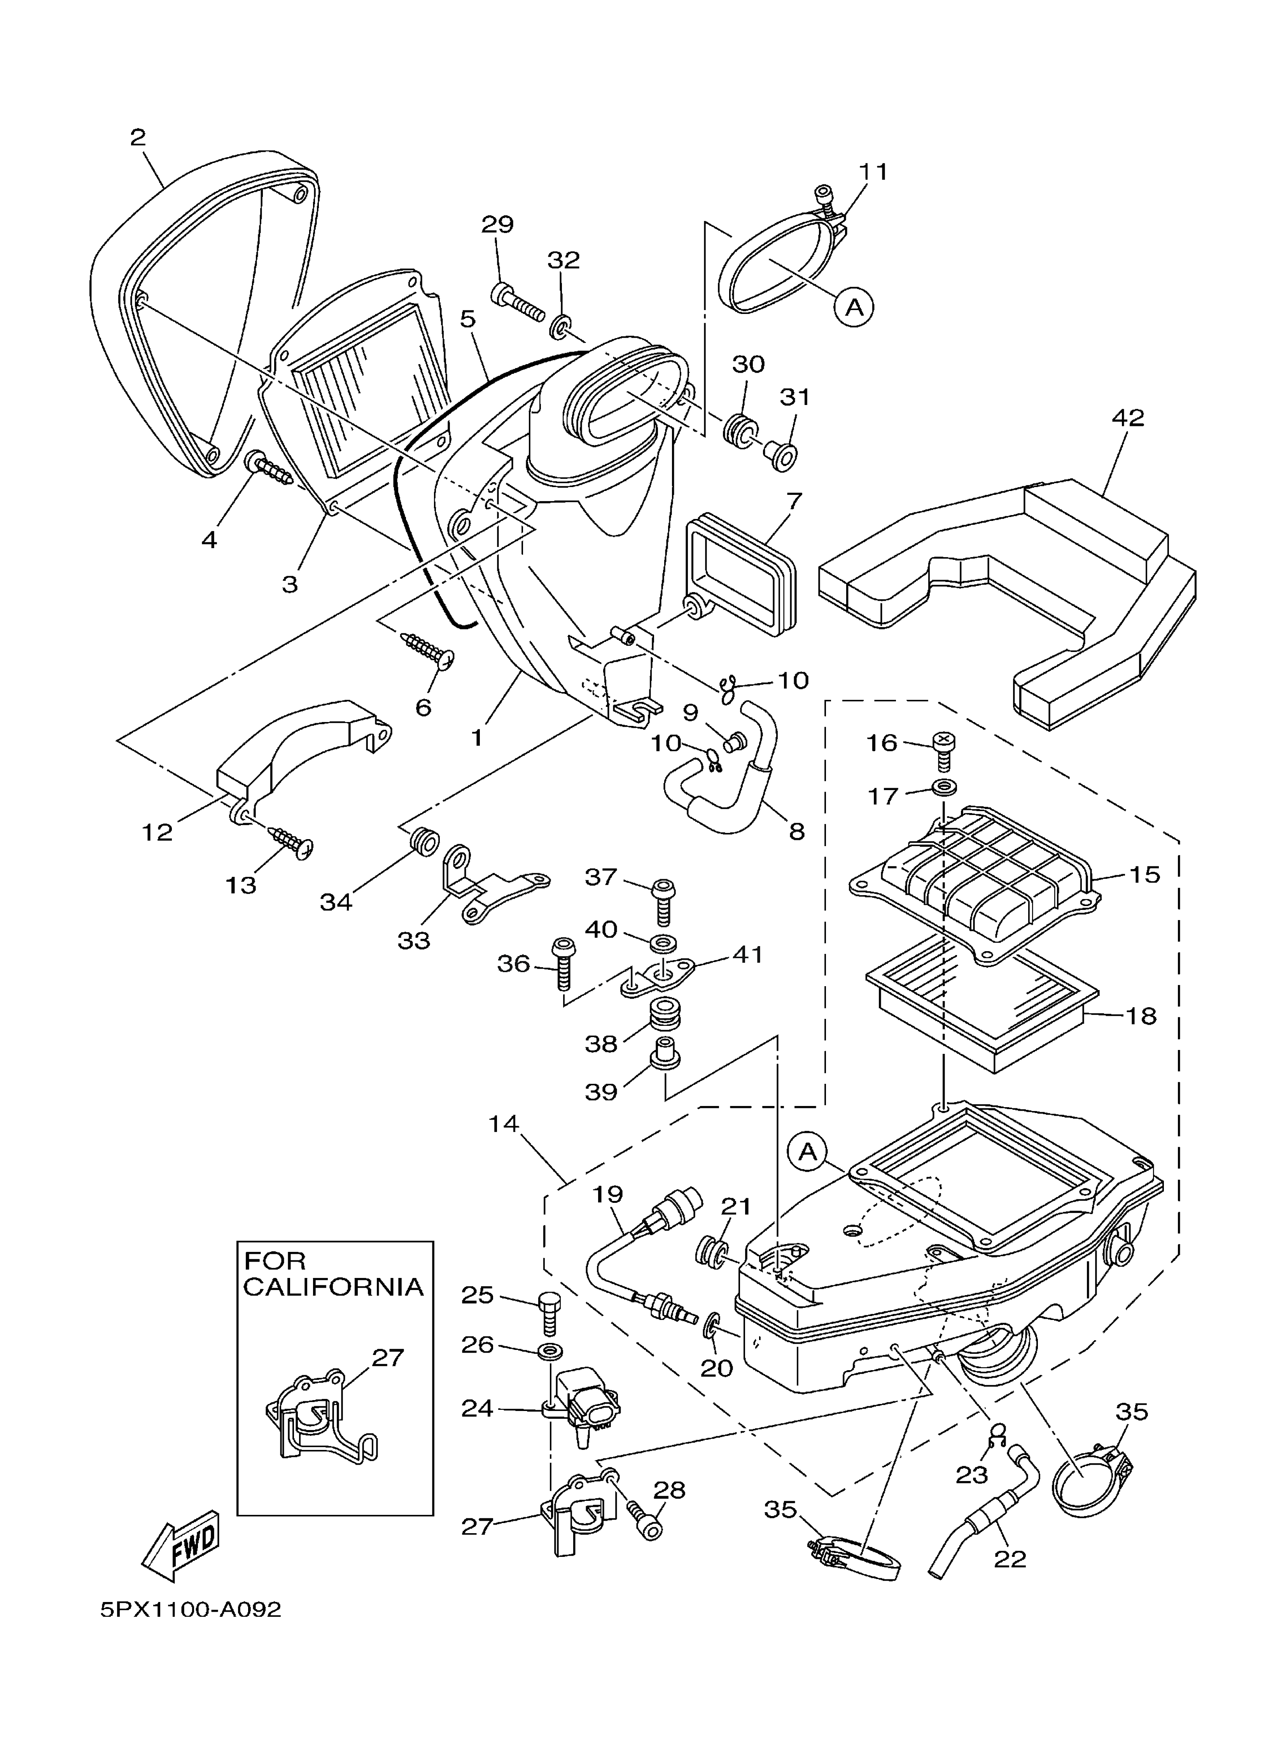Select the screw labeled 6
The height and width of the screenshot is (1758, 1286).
click(x=427, y=649)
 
